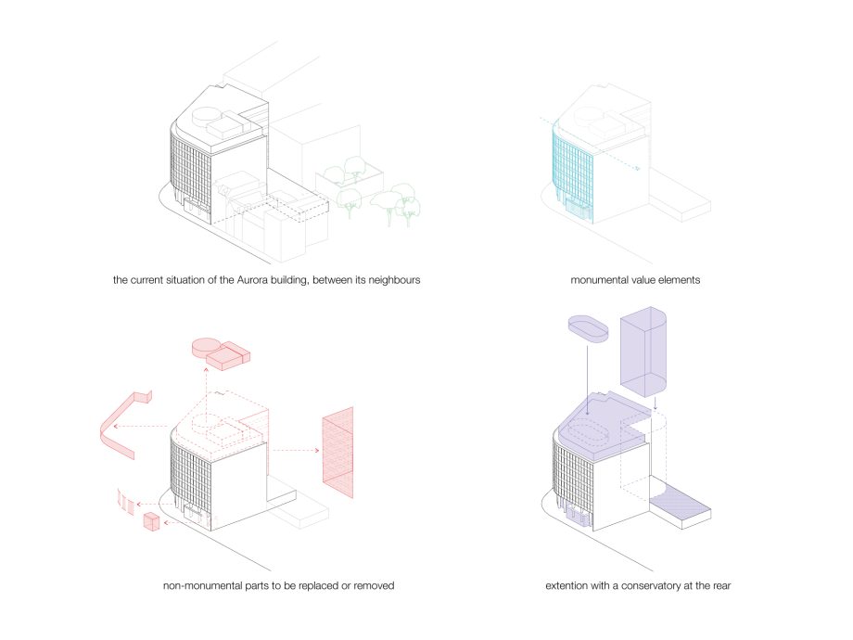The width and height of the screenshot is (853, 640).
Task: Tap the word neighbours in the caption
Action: [394, 280]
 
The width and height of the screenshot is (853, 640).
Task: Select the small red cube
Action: [151, 521]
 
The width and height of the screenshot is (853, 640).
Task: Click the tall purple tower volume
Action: [643, 352]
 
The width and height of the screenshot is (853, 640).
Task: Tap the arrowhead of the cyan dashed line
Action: [638, 169]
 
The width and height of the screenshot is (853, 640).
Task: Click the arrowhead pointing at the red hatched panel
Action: [316, 450]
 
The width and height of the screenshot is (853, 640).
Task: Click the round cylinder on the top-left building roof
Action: [207, 116]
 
